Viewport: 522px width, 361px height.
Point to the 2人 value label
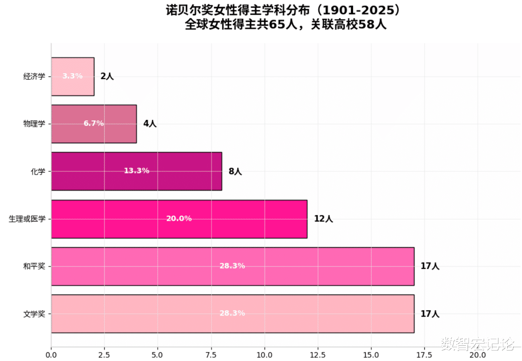coord(107,76)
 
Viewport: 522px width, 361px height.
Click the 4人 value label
coord(150,124)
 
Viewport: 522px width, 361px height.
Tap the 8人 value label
coord(235,171)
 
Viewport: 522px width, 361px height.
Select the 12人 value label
coord(323,219)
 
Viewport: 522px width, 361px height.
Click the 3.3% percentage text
coord(72,76)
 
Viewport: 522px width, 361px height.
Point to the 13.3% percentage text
coord(137,171)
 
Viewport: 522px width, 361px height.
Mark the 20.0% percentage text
coord(179,218)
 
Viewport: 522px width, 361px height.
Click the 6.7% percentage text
coord(94,123)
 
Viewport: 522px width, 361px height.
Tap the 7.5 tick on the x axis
coord(211,354)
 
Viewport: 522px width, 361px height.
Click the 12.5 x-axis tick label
coord(318,354)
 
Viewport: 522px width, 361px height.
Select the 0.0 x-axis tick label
coord(51,354)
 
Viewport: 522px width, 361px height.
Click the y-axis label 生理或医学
coord(27,219)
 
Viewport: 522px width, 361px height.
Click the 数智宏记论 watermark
coord(478,345)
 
